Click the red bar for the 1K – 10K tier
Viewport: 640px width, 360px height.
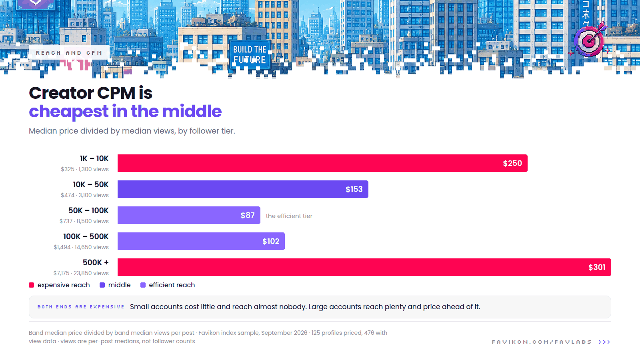(322, 163)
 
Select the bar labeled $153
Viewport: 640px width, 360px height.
(243, 189)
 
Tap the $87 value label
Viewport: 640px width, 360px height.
(248, 215)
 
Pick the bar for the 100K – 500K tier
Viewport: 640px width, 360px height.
(201, 241)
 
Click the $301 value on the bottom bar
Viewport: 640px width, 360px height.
(596, 267)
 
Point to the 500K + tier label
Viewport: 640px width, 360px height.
(96, 262)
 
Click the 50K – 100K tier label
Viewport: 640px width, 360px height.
(88, 210)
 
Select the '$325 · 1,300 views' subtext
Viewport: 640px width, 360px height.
(84, 169)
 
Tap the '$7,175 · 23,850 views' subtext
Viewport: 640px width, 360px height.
(81, 273)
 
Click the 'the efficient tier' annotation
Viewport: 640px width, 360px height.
(289, 216)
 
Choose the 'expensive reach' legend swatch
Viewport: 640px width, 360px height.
(32, 285)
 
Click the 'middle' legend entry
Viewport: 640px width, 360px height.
(115, 285)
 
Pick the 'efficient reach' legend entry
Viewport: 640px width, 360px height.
(168, 285)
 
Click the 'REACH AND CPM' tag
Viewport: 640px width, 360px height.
(69, 52)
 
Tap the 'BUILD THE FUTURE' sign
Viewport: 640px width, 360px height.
(250, 54)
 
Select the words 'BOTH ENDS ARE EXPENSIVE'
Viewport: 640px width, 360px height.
(81, 307)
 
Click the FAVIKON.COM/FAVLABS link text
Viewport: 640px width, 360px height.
(542, 342)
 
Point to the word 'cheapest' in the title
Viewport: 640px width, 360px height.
(69, 112)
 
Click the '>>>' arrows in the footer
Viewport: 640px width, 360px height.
(604, 342)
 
